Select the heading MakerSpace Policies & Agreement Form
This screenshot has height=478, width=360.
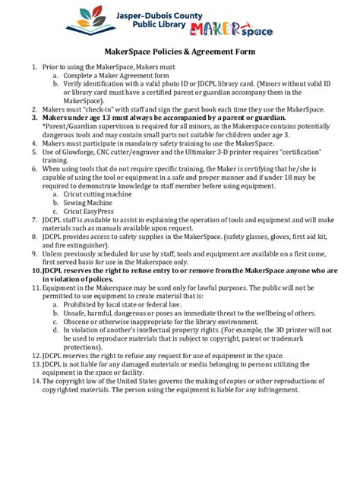click(180, 52)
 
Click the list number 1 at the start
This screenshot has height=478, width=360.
click(34, 68)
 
